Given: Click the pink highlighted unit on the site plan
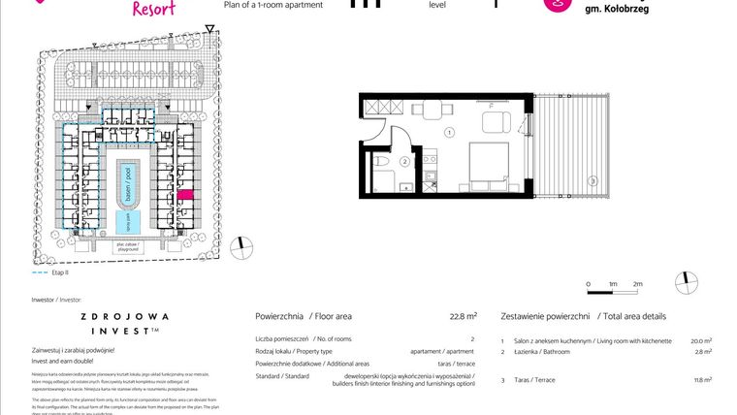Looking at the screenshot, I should (185, 196).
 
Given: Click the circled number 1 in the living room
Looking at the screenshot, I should (449, 131).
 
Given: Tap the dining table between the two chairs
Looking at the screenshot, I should (496, 122).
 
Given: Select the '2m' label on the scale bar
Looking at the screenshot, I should (637, 284).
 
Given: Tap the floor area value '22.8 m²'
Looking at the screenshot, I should (463, 316).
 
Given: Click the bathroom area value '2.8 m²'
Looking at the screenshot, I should (703, 353).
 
